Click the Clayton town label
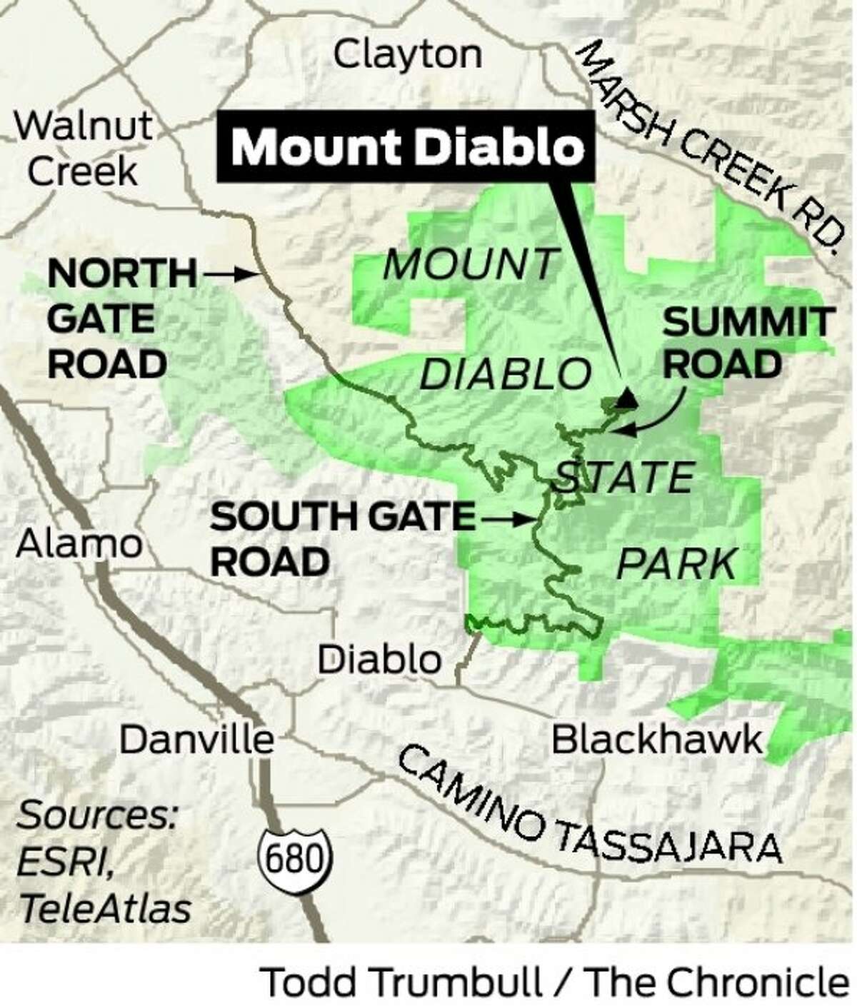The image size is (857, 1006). click(x=408, y=54)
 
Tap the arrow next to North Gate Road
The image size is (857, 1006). click(x=228, y=272)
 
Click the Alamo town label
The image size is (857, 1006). click(x=79, y=545)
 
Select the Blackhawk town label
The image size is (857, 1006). click(x=657, y=740)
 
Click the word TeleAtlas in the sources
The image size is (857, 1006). click(x=106, y=908)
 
